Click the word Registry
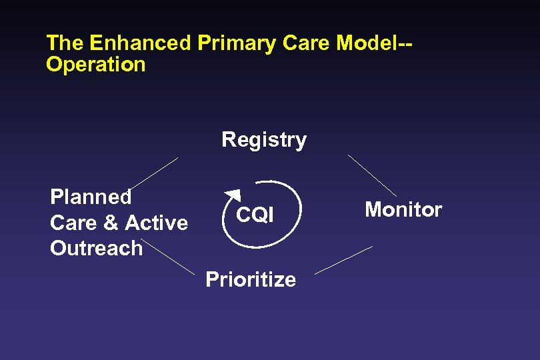click(264, 140)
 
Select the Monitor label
click(403, 210)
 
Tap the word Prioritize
click(251, 279)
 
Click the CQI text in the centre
click(255, 215)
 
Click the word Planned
click(91, 197)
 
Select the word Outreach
click(96, 248)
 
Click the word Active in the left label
click(157, 223)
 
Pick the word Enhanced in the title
click(141, 43)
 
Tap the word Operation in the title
click(95, 65)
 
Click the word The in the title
click(65, 43)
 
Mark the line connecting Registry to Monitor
click(372, 175)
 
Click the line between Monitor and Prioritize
click(343, 260)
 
